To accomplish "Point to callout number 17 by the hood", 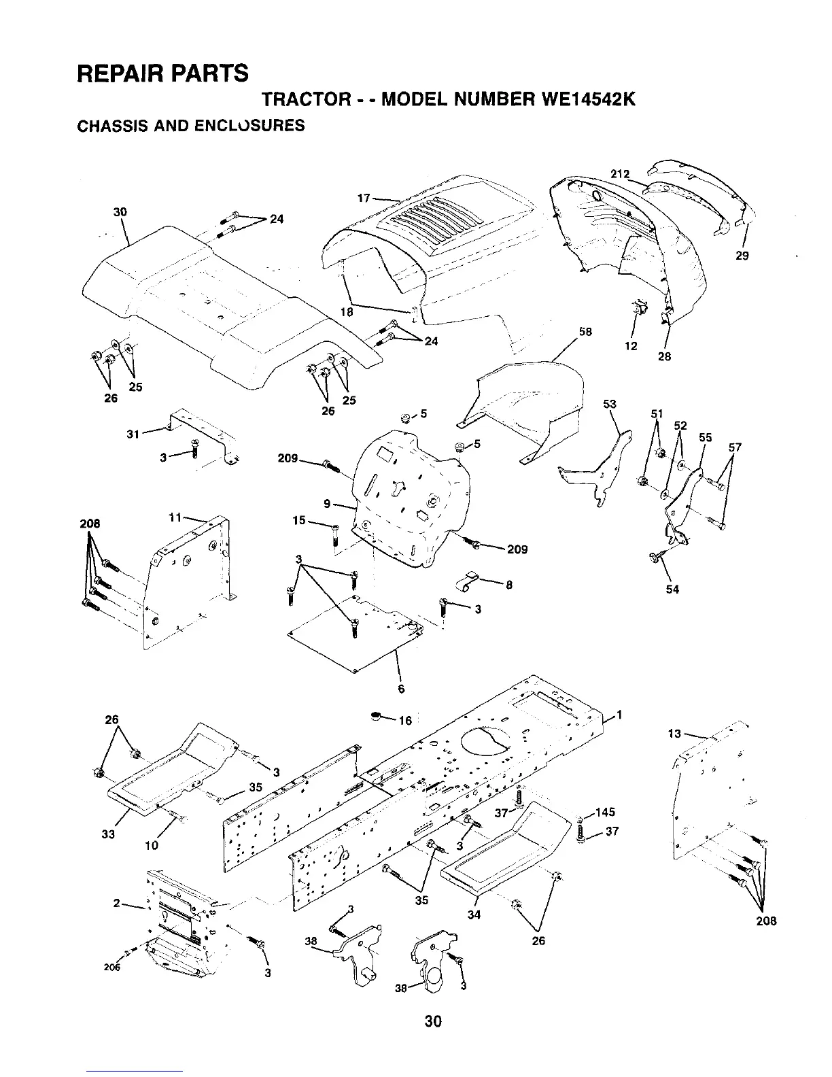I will coord(364,199).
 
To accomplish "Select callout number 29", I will coord(742,256).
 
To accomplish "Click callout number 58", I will coord(585,332).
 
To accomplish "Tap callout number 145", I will coord(604,813).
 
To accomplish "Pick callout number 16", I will coord(406,721).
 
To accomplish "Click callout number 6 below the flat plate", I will coord(401,688).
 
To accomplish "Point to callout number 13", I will coord(674,733).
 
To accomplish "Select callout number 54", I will coord(672,589).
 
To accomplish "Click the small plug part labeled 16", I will coord(376,715).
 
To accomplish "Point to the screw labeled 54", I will coord(655,557).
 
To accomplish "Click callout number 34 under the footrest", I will coord(474,915).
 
